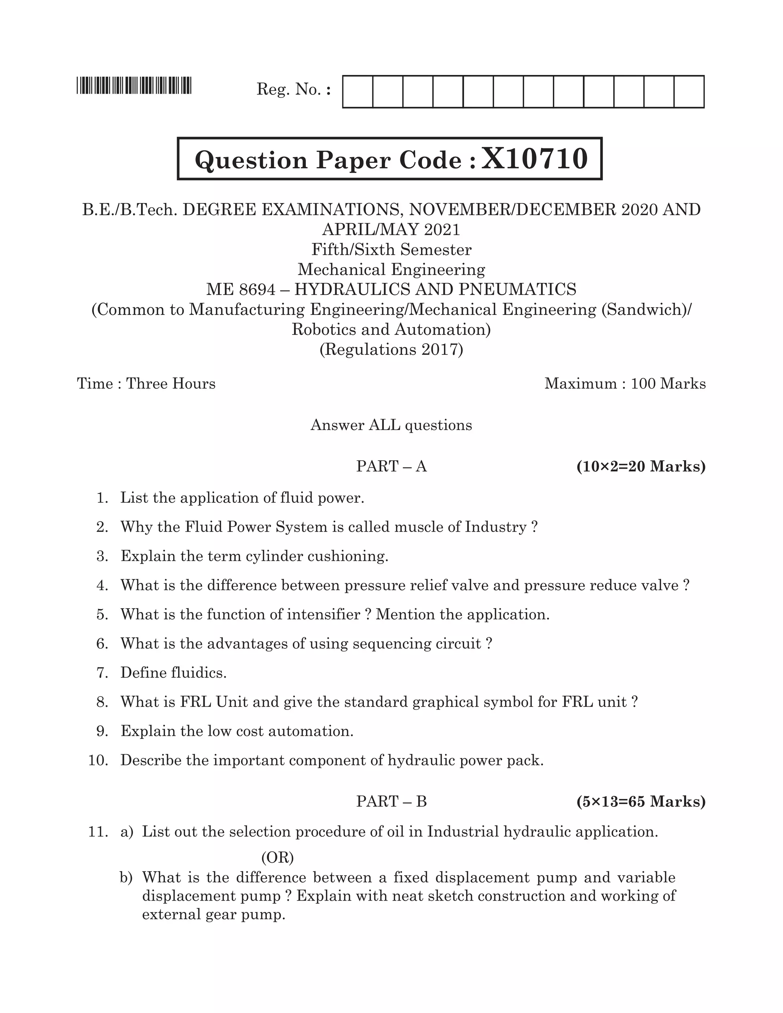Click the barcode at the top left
pyautogui.click(x=134, y=86)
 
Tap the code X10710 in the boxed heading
pyautogui.click(x=534, y=159)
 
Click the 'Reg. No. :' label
pyautogui.click(x=294, y=89)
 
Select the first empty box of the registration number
pyautogui.click(x=357, y=92)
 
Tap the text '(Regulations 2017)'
pyautogui.click(x=391, y=349)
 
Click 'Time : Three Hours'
pyautogui.click(x=146, y=383)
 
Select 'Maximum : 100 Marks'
pyautogui.click(x=625, y=383)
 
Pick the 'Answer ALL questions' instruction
pyautogui.click(x=391, y=425)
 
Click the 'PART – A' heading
pyautogui.click(x=391, y=466)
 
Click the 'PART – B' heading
pyautogui.click(x=391, y=801)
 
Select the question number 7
pyautogui.click(x=102, y=672)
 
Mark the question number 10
pyautogui.click(x=98, y=760)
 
